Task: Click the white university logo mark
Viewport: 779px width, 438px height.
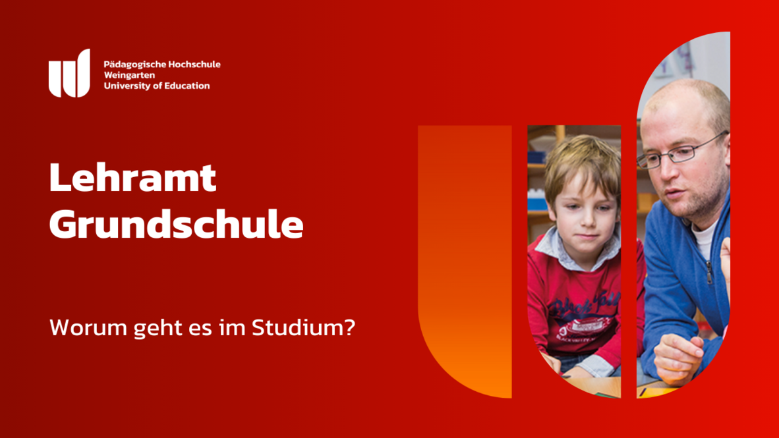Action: (69, 74)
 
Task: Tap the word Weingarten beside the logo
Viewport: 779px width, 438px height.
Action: (129, 76)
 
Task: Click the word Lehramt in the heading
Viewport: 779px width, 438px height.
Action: (132, 177)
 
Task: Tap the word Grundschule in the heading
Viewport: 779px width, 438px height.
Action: (177, 225)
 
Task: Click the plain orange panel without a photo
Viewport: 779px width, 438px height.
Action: (465, 258)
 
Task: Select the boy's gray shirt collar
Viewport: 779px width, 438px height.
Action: (576, 251)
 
